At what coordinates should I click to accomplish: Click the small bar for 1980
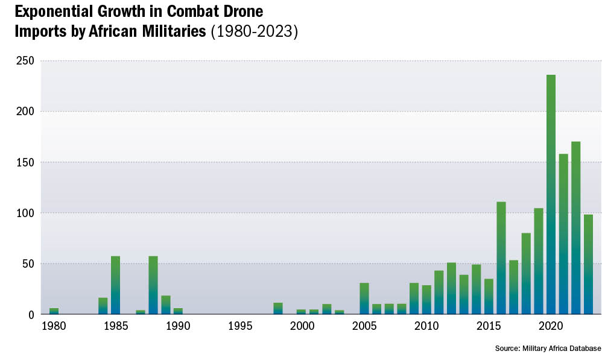coord(54,311)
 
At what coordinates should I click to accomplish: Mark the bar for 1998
coord(277,308)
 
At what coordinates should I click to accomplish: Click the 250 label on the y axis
coord(25,61)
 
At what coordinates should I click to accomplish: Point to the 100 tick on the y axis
coord(25,213)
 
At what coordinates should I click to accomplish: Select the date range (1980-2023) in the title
coord(254,31)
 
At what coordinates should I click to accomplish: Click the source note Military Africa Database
coord(548,349)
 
